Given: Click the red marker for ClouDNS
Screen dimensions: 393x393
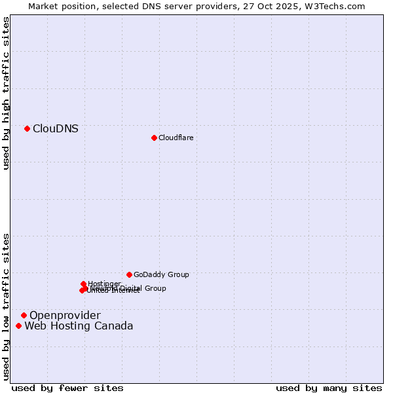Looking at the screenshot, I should point(27,128).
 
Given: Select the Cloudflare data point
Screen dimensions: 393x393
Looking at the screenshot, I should point(154,138).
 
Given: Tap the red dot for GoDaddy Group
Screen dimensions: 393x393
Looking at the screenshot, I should point(129,274).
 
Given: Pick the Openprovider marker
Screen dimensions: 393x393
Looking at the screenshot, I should point(24,315).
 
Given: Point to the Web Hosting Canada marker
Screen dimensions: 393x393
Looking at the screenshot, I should point(18,326).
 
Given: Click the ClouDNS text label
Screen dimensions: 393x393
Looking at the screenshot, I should point(56,129).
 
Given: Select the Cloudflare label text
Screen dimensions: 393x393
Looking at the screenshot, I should point(176,138).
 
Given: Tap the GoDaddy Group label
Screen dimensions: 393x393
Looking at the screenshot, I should point(161,274).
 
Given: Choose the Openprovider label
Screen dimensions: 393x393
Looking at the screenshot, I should point(65,316).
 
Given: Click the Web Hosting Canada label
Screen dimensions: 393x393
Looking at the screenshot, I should point(79,326).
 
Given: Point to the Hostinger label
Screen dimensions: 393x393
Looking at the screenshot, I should point(104,284).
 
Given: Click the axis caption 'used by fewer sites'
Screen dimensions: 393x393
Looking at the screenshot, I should point(67,388).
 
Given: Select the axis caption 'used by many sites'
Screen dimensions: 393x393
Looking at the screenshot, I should point(329,388).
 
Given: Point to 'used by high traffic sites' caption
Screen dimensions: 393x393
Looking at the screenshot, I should point(7,94).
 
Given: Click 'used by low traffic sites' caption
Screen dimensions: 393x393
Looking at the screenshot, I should point(7,306).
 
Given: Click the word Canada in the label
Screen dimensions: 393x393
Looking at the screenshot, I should point(115,326).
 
